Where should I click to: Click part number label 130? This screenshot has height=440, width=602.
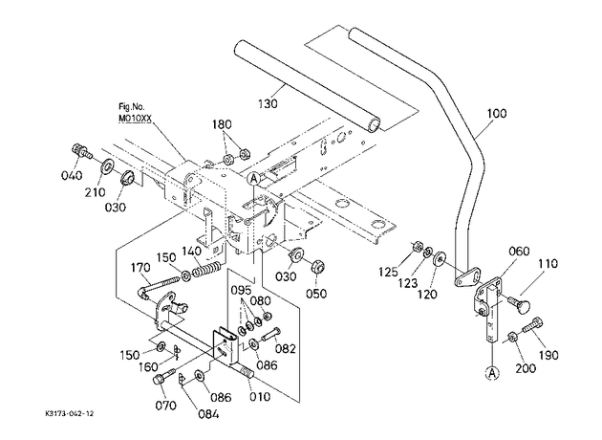(x=268, y=103)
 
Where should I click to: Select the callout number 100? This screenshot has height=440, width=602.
(x=497, y=114)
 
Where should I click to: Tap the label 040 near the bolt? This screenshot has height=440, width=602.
(x=72, y=175)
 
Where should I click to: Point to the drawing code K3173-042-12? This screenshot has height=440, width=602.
(x=69, y=413)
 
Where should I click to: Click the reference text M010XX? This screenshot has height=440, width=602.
(x=135, y=120)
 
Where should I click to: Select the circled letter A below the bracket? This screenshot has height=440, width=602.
(x=492, y=372)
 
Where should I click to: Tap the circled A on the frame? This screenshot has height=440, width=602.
(x=253, y=178)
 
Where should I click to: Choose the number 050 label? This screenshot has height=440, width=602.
(x=316, y=294)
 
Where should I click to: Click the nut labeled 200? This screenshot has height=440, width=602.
(x=512, y=337)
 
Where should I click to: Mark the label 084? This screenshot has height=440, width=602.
(x=208, y=414)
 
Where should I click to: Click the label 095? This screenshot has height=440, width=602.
(x=241, y=290)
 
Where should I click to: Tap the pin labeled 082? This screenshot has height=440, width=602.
(x=271, y=333)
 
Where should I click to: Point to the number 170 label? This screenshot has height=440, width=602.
(x=141, y=267)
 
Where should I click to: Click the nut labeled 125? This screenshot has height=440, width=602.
(x=418, y=247)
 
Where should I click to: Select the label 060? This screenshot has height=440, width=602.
(x=519, y=252)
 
